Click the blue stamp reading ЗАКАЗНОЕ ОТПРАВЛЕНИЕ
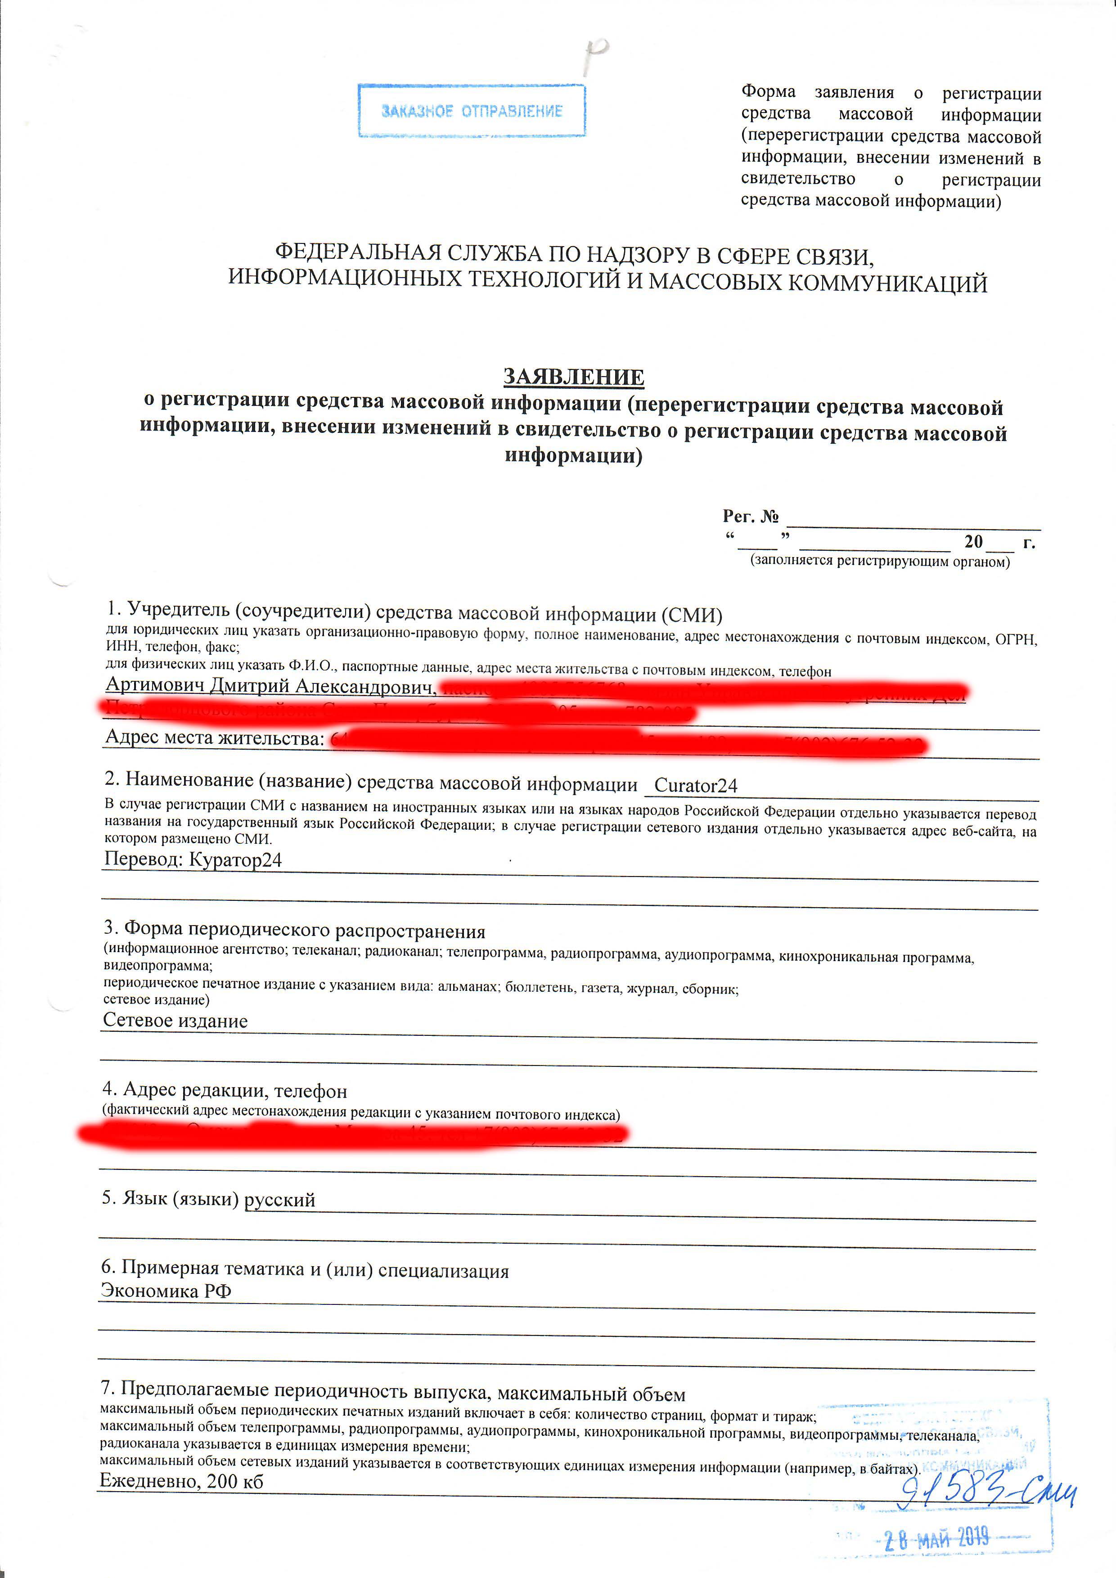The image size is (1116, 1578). (472, 111)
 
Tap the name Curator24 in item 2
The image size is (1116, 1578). (695, 786)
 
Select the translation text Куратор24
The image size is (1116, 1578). (235, 860)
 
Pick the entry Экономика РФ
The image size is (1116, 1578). (166, 1290)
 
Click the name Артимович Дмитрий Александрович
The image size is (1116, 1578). (271, 686)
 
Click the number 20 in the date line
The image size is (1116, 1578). (973, 542)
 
